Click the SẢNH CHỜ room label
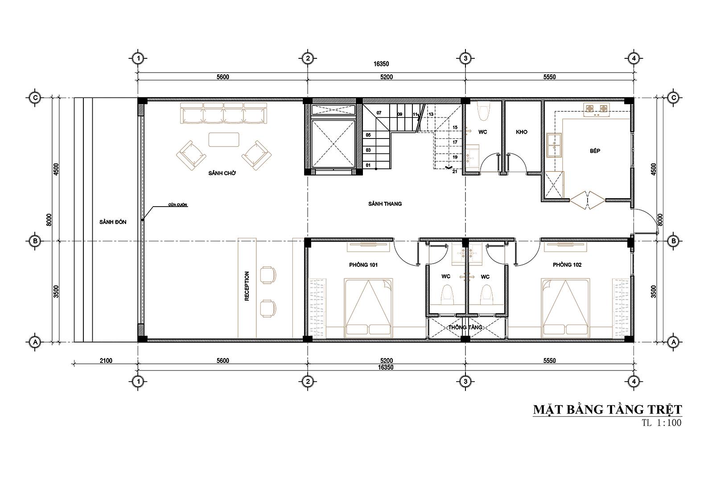(222, 173)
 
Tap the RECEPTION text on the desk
(247, 286)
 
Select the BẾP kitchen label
(595, 151)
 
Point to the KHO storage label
(521, 132)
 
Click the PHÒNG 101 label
(363, 265)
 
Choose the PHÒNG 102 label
(567, 265)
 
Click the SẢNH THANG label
(385, 204)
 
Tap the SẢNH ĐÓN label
(113, 222)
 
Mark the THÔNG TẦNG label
(465, 327)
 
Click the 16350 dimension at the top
(381, 64)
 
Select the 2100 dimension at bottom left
(106, 361)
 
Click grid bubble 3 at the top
(465, 58)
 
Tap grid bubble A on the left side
(35, 342)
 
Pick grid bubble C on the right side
(673, 98)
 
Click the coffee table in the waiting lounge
(224, 139)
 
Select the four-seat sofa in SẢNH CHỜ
(224, 114)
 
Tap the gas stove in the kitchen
(597, 109)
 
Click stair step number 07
(379, 113)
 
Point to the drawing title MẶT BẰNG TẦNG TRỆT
(607, 409)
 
